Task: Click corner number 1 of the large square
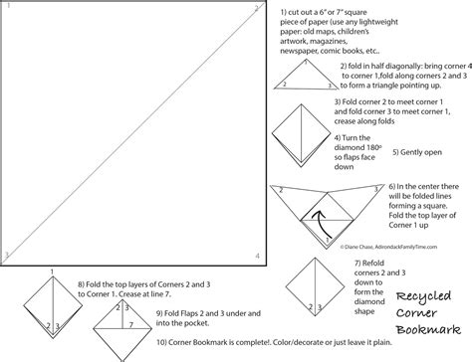[x=7, y=9]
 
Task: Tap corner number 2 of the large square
[x=257, y=9]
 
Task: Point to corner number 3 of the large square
[x=7, y=256]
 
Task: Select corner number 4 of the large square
[x=257, y=257]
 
